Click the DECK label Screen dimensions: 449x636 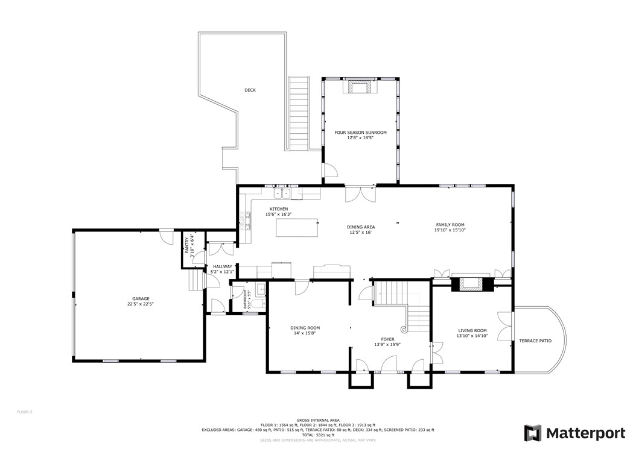pyautogui.click(x=250, y=90)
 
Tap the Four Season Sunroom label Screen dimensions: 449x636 pyautogui.click(x=360, y=132)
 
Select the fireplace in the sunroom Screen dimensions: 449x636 pyautogui.click(x=360, y=87)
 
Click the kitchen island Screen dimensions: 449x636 pyautogui.click(x=298, y=228)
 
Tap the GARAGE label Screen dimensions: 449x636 pyautogui.click(x=141, y=299)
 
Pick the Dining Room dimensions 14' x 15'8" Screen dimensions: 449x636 pyautogui.click(x=305, y=333)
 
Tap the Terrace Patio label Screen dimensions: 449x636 pyautogui.click(x=535, y=341)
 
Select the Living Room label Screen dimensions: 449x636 pyautogui.click(x=472, y=330)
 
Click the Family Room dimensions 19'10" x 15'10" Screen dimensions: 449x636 pyautogui.click(x=451, y=230)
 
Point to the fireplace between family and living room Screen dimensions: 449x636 pyautogui.click(x=472, y=283)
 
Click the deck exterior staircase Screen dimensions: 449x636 pyautogui.click(x=299, y=115)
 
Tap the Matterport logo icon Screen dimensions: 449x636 pyautogui.click(x=532, y=433)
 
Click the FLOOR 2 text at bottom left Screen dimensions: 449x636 pyautogui.click(x=24, y=412)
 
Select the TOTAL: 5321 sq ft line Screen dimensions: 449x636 pyautogui.click(x=317, y=435)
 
